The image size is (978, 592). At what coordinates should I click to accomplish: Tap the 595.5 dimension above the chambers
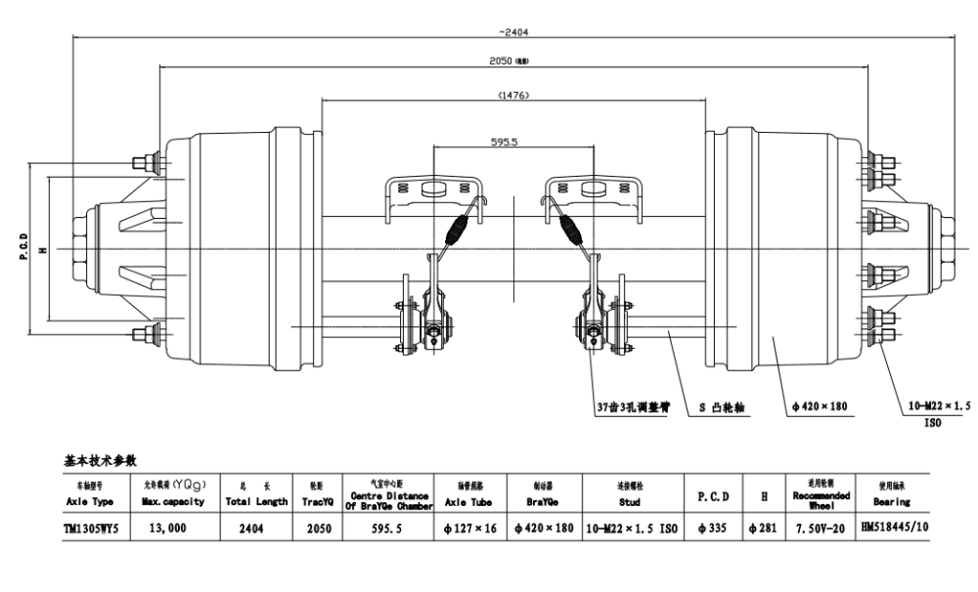tap(511, 142)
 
